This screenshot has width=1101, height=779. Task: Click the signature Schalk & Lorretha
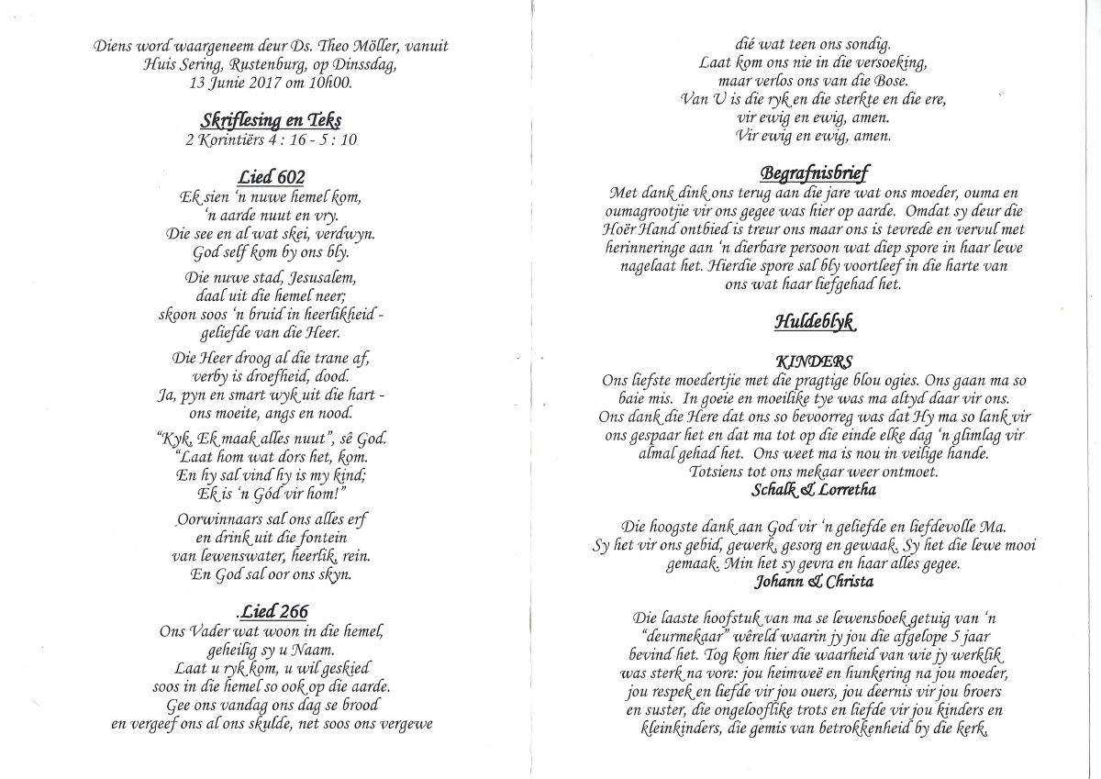(814, 490)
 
